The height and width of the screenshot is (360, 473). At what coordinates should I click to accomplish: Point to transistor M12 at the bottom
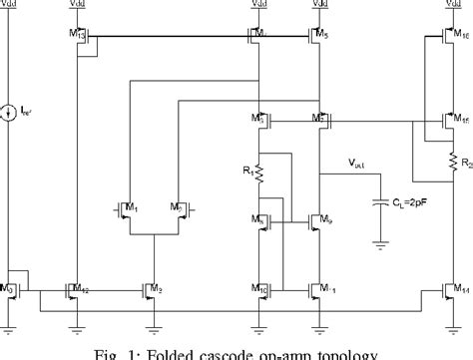(75, 292)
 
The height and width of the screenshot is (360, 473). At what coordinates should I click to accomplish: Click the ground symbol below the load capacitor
(380, 241)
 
